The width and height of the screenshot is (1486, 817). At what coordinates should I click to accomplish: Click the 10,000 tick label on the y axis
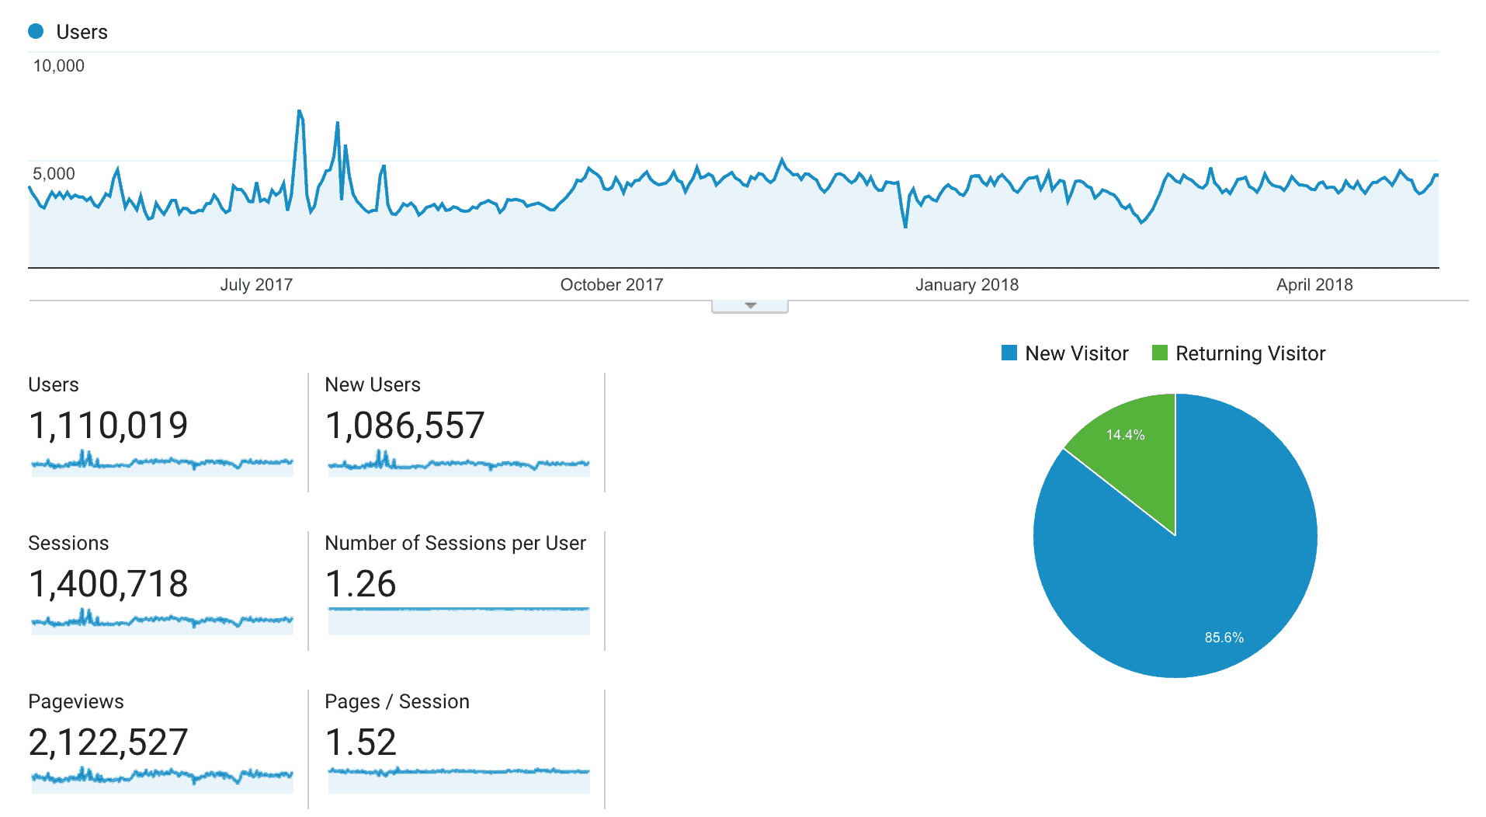[x=58, y=66]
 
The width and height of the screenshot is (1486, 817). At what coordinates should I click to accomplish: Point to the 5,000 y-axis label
[x=54, y=174]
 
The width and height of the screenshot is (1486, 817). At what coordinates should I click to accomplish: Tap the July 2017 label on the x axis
[x=256, y=285]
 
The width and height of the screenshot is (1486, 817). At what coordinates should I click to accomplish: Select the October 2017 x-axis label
[x=612, y=285]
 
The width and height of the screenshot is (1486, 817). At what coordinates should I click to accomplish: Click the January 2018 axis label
[x=967, y=285]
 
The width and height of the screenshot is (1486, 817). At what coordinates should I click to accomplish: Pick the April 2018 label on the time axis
[x=1314, y=285]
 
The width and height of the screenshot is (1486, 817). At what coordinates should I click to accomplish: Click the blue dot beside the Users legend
[x=36, y=31]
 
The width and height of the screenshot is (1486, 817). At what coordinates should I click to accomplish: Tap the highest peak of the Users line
[x=300, y=111]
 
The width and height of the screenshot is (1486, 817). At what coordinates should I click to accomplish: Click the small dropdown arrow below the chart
[x=750, y=306]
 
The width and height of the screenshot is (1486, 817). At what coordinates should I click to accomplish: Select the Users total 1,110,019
[x=108, y=426]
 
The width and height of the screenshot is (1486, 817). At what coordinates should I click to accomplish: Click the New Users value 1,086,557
[x=404, y=426]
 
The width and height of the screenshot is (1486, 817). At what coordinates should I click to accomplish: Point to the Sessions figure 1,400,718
[x=108, y=584]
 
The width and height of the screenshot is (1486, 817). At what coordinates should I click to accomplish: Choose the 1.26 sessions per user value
[x=360, y=584]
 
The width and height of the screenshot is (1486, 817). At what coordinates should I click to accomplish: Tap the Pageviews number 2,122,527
[x=108, y=742]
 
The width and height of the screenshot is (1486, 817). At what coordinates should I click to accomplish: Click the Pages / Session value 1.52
[x=360, y=742]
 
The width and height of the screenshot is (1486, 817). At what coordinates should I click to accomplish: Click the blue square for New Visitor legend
[x=1009, y=353]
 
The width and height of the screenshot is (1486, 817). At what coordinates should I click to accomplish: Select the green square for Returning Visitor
[x=1160, y=353]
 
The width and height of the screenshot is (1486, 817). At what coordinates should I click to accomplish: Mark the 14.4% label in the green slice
[x=1125, y=435]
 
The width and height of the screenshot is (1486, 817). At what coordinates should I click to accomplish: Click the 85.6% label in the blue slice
[x=1224, y=638]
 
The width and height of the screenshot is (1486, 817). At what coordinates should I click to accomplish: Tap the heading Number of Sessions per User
[x=455, y=543]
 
